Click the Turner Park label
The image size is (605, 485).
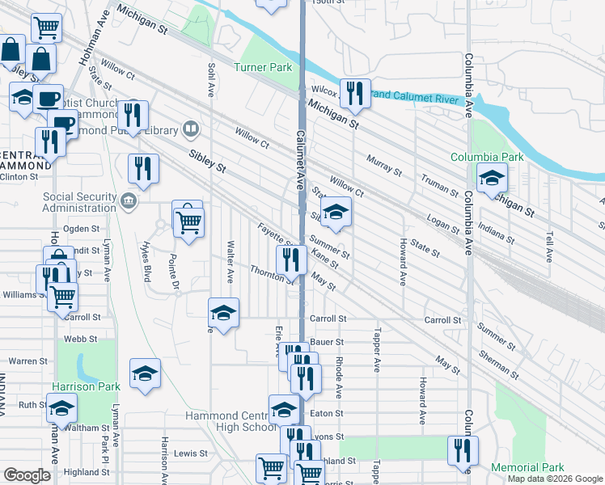tap(263, 68)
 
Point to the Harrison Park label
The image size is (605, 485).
tap(86, 386)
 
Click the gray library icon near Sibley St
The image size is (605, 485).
tap(190, 128)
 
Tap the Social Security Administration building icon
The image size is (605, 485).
tap(128, 200)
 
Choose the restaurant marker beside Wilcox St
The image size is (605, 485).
tap(354, 94)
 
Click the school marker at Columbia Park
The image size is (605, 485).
tap(490, 179)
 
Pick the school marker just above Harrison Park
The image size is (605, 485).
tap(145, 373)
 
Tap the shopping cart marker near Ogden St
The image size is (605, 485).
tap(188, 220)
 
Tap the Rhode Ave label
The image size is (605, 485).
tap(339, 377)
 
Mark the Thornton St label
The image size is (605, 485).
tap(271, 275)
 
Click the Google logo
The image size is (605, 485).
tap(27, 475)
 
